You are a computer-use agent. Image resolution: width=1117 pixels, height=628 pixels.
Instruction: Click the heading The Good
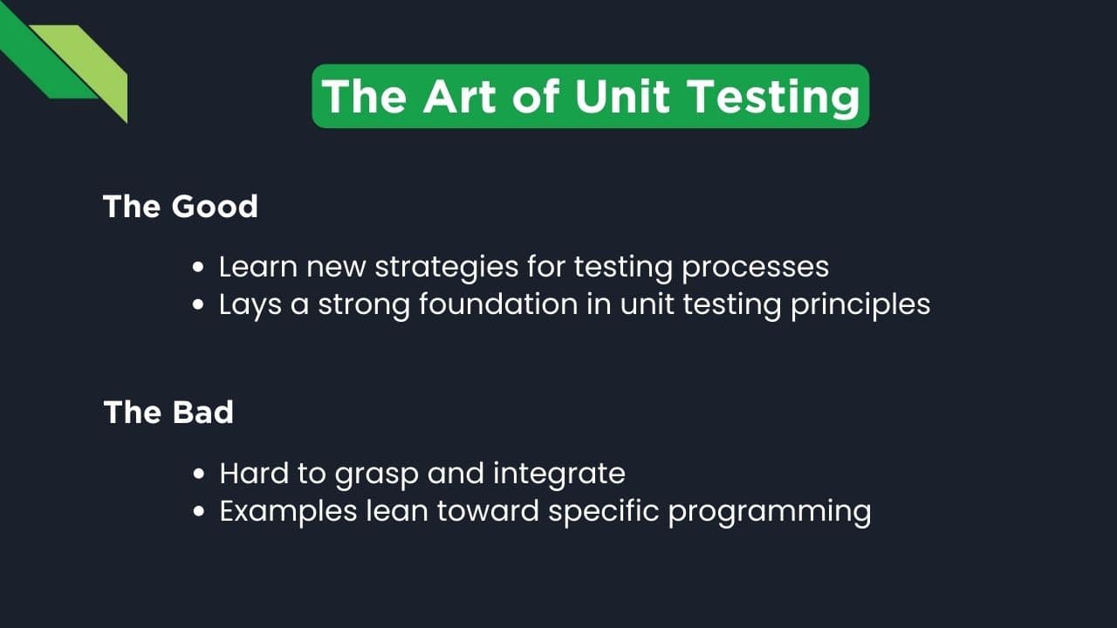[181, 207]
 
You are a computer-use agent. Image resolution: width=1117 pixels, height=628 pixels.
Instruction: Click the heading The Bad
[168, 412]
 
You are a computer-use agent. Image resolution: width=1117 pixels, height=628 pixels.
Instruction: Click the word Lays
[250, 305]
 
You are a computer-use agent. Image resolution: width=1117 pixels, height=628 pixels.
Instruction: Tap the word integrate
[559, 474]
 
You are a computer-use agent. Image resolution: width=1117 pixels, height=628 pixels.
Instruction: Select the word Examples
[288, 511]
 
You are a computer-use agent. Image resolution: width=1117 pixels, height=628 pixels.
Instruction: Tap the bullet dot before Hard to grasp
[200, 474]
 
